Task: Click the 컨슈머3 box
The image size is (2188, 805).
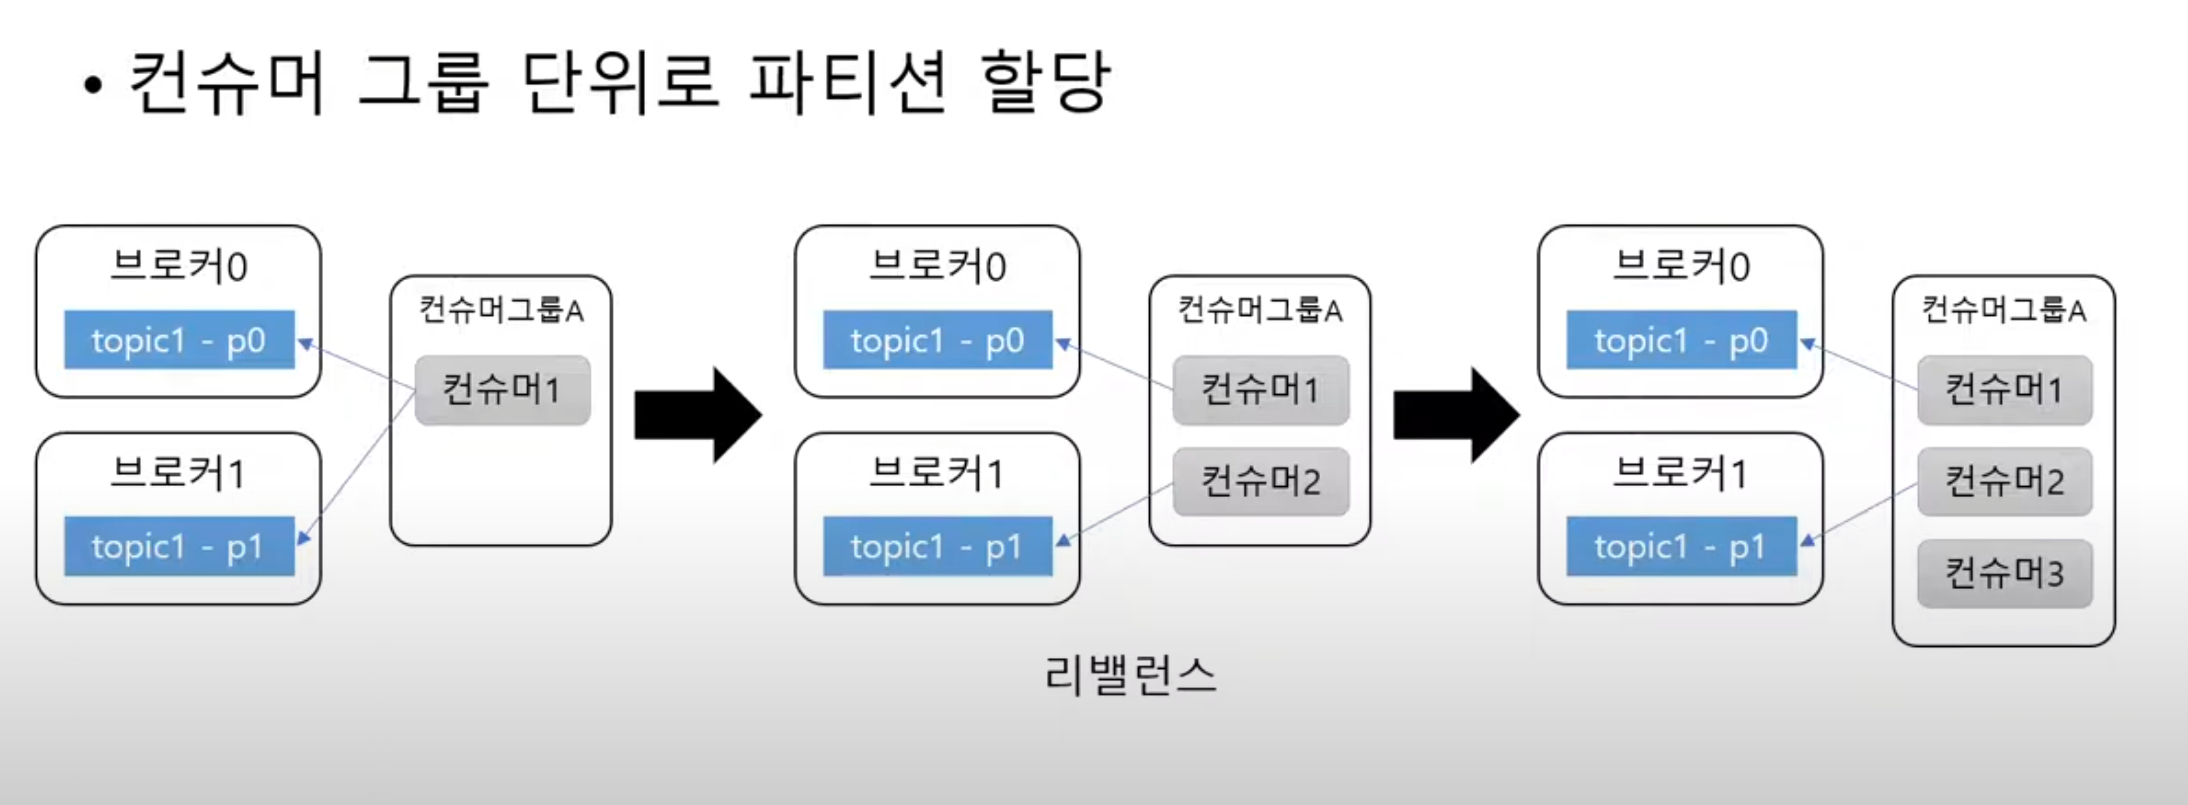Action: pos(2005,574)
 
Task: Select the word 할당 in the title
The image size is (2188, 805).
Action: pos(1045,82)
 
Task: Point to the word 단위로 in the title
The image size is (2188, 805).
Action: pos(620,82)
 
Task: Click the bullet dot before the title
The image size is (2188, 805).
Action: pos(93,85)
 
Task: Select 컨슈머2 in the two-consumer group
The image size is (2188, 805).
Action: pos(1260,481)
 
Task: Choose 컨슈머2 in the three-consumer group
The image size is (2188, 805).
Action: pos(2005,481)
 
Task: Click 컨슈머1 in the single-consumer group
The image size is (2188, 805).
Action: pos(502,390)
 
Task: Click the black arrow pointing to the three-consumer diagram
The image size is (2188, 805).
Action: pos(1456,415)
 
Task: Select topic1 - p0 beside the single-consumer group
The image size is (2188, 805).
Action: pos(179,340)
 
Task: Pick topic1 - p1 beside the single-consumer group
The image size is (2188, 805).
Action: pos(179,547)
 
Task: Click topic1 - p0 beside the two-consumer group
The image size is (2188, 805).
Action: pos(938,340)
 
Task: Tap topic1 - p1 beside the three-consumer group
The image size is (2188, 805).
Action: pos(1681,547)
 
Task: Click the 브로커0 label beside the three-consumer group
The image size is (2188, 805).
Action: pos(1681,266)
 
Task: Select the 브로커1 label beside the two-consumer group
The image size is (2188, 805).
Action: pos(937,473)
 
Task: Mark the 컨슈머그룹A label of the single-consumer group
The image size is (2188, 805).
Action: pos(501,310)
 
